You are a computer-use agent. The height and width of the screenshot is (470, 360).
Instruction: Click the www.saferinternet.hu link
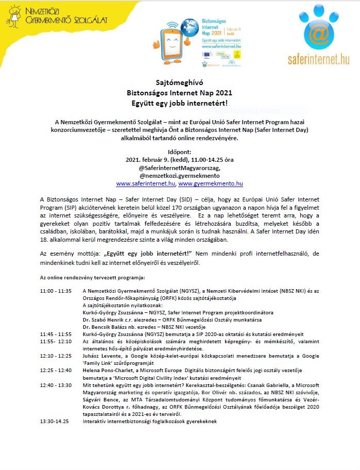click(146, 183)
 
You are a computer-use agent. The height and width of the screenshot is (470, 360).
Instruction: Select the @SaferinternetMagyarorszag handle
click(179, 168)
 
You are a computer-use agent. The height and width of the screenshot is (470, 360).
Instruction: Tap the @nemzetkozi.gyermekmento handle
click(179, 175)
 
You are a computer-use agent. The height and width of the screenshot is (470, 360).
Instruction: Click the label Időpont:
click(179, 153)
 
